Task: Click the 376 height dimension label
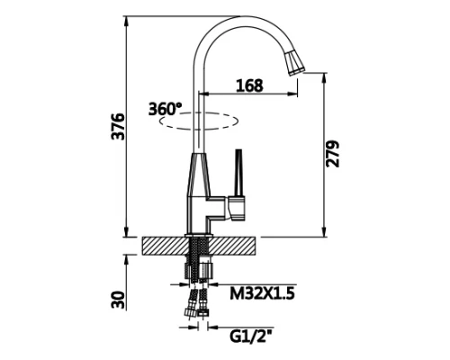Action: click(118, 126)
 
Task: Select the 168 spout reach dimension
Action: click(249, 85)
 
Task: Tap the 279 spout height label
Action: click(332, 154)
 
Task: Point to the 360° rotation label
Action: click(166, 109)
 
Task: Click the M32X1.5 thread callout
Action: click(262, 293)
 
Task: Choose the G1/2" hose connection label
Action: click(251, 337)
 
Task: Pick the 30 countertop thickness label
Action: click(118, 300)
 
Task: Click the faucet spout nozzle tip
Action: click(294, 63)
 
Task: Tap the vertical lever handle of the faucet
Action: click(238, 173)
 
